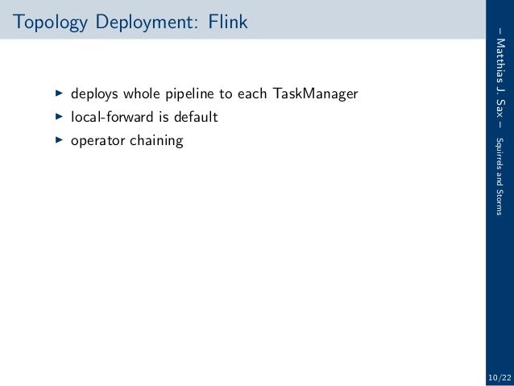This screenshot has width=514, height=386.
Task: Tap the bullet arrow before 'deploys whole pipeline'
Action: click(58, 94)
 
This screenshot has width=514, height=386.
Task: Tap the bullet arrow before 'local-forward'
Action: click(58, 118)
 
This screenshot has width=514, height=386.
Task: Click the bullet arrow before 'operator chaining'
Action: click(58, 141)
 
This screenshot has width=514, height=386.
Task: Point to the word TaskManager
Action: click(315, 94)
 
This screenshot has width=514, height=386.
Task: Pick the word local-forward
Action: click(109, 118)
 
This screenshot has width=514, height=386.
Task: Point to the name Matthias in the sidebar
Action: click(501, 62)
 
